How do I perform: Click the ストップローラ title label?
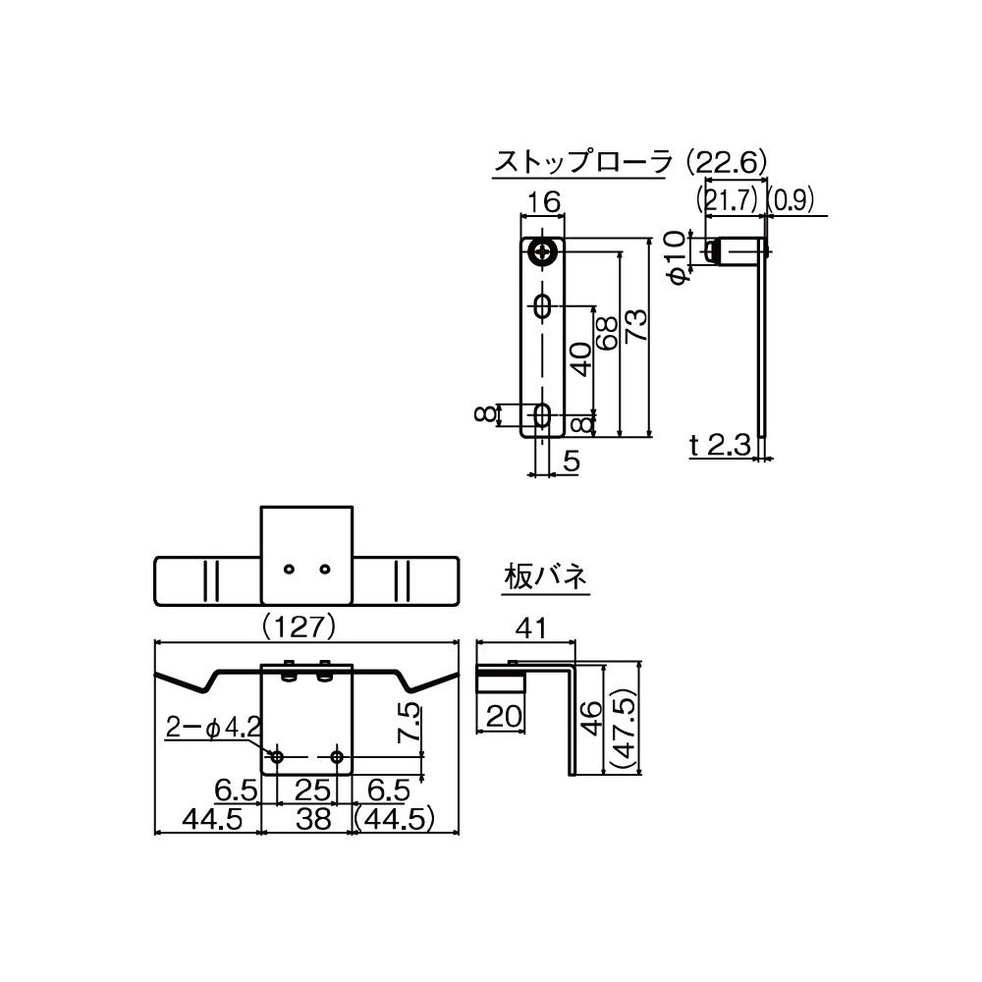582,162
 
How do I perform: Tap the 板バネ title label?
546,576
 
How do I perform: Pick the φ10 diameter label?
676,256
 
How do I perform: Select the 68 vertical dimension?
607,333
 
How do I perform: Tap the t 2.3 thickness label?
720,445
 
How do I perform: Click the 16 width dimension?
543,201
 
